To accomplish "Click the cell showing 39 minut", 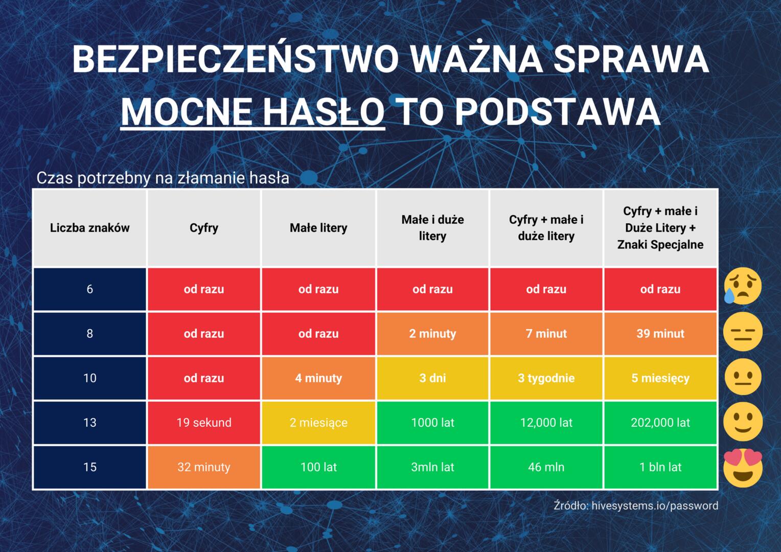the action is coord(660,334).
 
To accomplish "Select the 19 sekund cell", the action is coord(204,423).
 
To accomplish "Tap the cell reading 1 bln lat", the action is coord(660,467).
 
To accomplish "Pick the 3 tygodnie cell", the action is coord(546,378).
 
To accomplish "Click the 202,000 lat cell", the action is coord(660,423).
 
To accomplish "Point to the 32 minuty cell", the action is coord(204,467).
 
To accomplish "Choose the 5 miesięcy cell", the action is coord(660,378).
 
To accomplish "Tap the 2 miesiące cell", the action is coord(318,423).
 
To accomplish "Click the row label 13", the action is coord(89,423).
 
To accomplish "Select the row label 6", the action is coord(89,289).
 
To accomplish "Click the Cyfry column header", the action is coord(204,228).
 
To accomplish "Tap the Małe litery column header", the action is coord(318,228).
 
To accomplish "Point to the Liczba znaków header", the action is coord(89,228).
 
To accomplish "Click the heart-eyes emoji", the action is coord(743,468).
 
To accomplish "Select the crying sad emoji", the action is coord(742,286).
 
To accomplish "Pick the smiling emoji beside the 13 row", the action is coord(743,422).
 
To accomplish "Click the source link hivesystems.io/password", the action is coord(655,505).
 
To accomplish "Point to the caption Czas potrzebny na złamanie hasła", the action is coord(163,178).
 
